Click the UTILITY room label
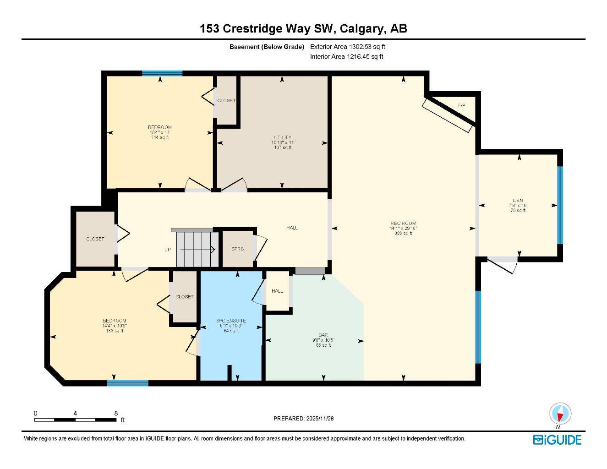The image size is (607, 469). [283, 137]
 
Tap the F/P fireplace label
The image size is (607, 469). [462, 106]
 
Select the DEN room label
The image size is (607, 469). [518, 200]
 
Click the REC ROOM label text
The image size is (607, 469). [403, 224]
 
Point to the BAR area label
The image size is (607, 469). [323, 335]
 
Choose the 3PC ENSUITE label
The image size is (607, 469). [231, 321]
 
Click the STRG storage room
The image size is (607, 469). [237, 249]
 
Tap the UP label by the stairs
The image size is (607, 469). [168, 250]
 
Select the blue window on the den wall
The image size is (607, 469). [559, 205]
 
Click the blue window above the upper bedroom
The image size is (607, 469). [162, 73]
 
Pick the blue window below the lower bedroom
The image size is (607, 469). [128, 383]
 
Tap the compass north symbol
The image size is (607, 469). [560, 414]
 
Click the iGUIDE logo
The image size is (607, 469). [557, 440]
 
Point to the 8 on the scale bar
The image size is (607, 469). [116, 413]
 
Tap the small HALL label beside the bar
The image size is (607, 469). [277, 291]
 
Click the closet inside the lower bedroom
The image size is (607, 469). [184, 297]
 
